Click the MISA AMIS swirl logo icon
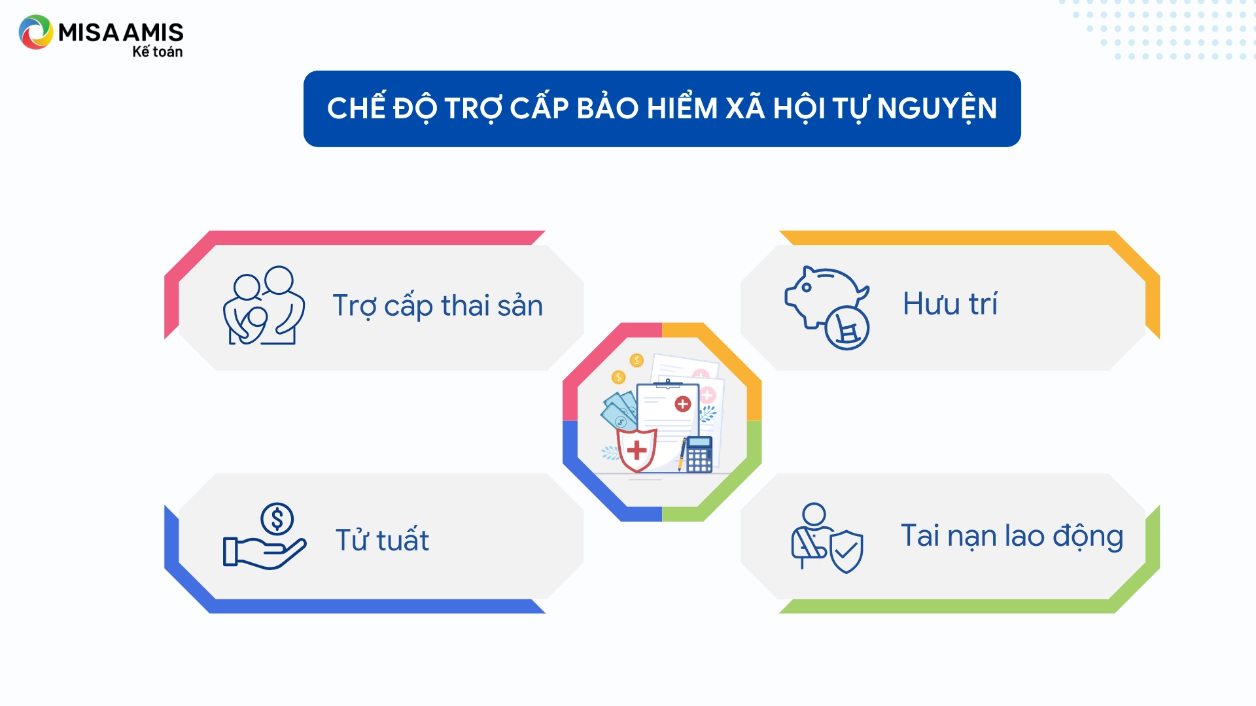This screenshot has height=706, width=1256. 35,32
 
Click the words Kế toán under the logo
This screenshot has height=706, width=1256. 158,51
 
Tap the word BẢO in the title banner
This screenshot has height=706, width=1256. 607,107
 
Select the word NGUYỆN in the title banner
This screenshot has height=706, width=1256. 937,108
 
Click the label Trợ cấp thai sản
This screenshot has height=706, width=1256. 438,305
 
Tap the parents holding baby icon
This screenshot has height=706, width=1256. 264,305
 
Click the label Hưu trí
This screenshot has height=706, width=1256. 950,303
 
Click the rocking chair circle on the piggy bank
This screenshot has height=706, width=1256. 847,328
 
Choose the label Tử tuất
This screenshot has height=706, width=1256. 382,540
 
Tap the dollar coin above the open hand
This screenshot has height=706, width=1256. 277,519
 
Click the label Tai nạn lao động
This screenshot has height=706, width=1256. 1012,536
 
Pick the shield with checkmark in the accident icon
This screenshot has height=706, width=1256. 846,551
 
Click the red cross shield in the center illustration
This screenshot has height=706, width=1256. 637,450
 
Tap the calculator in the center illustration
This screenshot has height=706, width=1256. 699,454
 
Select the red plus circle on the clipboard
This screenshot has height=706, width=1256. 682,404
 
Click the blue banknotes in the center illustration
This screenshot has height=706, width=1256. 619,410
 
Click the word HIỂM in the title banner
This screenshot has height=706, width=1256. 682,107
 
